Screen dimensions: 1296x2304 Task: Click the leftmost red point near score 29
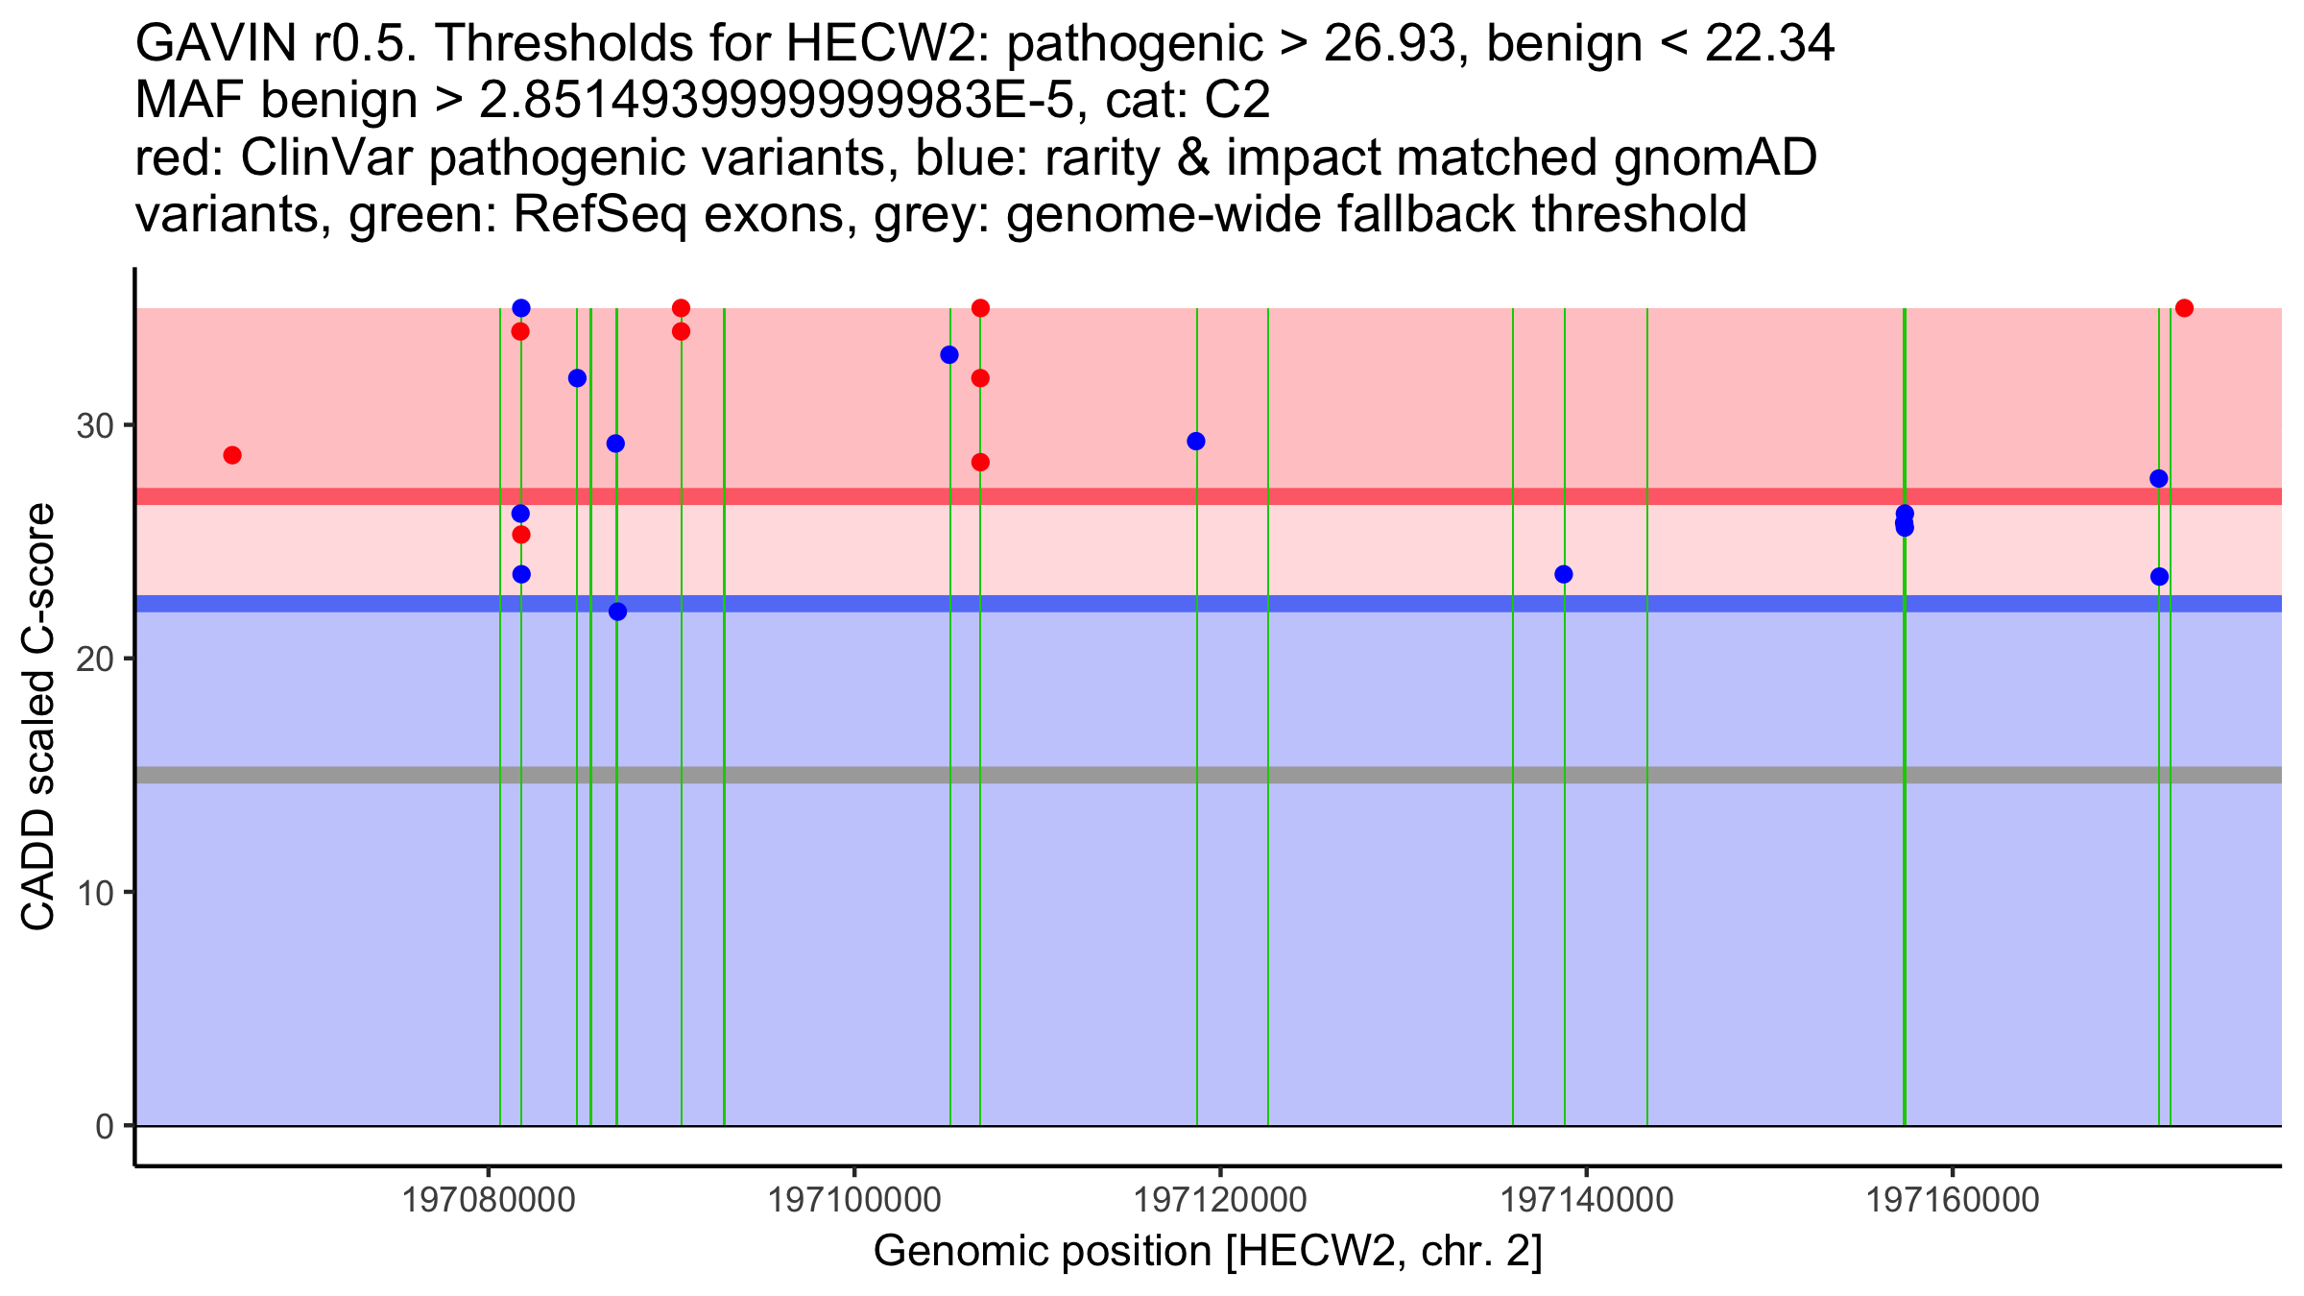pyautogui.click(x=232, y=455)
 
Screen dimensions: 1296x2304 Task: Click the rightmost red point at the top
pyautogui.click(x=2184, y=308)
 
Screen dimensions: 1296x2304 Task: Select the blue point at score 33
pyautogui.click(x=949, y=355)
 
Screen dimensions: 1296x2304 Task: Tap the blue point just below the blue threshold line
pyautogui.click(x=617, y=612)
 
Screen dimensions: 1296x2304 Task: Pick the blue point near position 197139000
pyautogui.click(x=1563, y=574)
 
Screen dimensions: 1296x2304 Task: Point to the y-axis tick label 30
pyautogui.click(x=95, y=425)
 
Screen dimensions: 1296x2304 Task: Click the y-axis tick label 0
pyautogui.click(x=105, y=1126)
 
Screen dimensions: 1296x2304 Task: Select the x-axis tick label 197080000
pyautogui.click(x=488, y=1200)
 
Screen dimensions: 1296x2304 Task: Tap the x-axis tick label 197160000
pyautogui.click(x=1952, y=1200)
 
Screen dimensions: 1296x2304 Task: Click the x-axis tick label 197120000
pyautogui.click(x=1220, y=1200)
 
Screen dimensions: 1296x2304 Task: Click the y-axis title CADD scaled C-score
pyautogui.click(x=38, y=717)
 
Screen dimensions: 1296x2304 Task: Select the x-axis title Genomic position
pyautogui.click(x=1207, y=1252)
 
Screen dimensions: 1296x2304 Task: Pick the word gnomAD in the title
pyautogui.click(x=1715, y=157)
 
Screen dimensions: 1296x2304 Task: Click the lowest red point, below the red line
pyautogui.click(x=521, y=535)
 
